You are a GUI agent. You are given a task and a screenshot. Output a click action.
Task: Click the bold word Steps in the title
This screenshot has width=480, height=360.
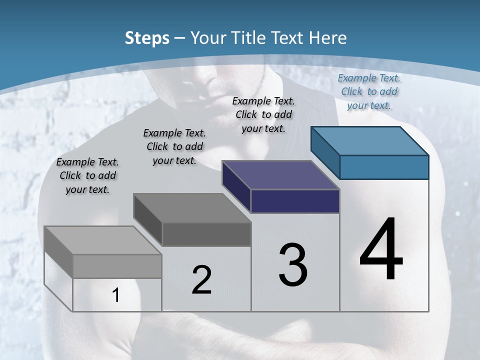(x=147, y=38)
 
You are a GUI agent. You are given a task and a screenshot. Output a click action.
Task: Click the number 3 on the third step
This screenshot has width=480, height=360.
(x=293, y=265)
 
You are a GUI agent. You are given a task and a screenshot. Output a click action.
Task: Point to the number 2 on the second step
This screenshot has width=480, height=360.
(x=201, y=280)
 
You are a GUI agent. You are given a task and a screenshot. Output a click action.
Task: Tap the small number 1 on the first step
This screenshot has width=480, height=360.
(x=116, y=295)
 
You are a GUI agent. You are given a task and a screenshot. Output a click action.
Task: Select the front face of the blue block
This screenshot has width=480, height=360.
(x=384, y=167)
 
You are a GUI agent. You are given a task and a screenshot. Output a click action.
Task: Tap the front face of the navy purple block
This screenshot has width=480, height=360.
(x=295, y=201)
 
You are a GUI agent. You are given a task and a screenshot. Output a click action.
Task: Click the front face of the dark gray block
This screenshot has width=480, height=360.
(x=206, y=234)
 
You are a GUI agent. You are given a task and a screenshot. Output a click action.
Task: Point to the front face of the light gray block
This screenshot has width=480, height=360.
(x=117, y=266)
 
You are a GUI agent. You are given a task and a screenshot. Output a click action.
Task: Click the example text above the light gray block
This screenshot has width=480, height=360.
(x=87, y=175)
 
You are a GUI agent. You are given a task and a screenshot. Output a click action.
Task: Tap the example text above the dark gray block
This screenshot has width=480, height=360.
(x=174, y=146)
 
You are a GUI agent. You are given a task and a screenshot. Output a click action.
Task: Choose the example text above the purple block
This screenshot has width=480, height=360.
(x=263, y=114)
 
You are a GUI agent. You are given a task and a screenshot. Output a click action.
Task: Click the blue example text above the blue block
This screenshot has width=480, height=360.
(x=369, y=91)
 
